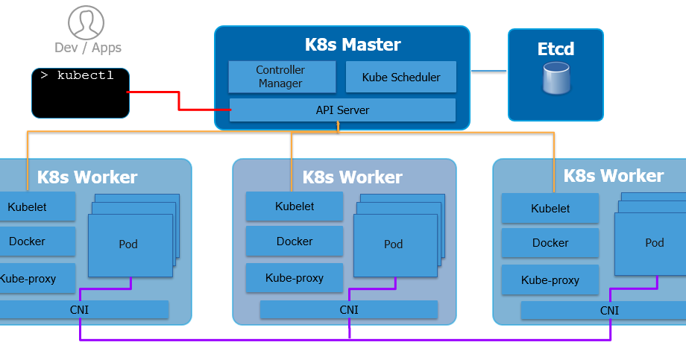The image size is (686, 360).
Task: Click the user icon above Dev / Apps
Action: click(x=86, y=22)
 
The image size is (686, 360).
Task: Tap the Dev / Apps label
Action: click(x=87, y=48)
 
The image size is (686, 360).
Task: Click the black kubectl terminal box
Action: click(x=81, y=93)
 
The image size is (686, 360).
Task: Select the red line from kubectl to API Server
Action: click(x=179, y=101)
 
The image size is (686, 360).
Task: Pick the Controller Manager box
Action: click(x=280, y=77)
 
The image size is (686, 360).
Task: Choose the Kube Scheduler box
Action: click(x=400, y=77)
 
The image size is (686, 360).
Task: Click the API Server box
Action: click(x=342, y=110)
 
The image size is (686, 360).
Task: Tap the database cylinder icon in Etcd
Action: click(x=556, y=79)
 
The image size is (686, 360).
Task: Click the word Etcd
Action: click(x=556, y=49)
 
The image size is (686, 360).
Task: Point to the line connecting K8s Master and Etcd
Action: click(x=488, y=72)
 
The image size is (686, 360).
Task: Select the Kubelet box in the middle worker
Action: click(x=295, y=206)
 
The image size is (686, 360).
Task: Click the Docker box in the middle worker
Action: click(x=295, y=241)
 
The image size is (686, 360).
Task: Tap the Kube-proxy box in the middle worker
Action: click(x=295, y=278)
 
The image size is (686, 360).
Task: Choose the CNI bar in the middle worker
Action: click(x=349, y=310)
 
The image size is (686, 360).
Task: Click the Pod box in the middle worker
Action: click(x=393, y=244)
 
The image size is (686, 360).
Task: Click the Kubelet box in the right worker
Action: click(x=550, y=209)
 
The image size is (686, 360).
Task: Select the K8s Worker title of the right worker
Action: click(x=613, y=176)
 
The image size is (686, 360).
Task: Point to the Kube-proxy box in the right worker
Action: click(x=550, y=281)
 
